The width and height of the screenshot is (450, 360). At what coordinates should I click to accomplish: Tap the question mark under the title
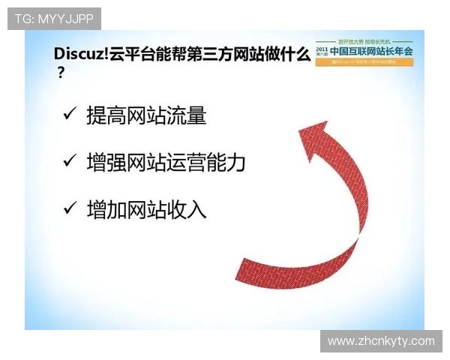click(60, 73)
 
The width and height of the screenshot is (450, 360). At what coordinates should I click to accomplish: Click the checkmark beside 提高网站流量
click(70, 114)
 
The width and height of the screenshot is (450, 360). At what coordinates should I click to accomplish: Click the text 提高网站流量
click(146, 115)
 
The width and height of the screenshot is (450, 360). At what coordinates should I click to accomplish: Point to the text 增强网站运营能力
click(166, 162)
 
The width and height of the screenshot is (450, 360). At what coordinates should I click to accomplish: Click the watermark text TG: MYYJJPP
click(54, 18)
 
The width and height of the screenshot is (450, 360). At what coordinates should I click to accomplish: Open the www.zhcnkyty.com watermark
click(381, 341)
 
